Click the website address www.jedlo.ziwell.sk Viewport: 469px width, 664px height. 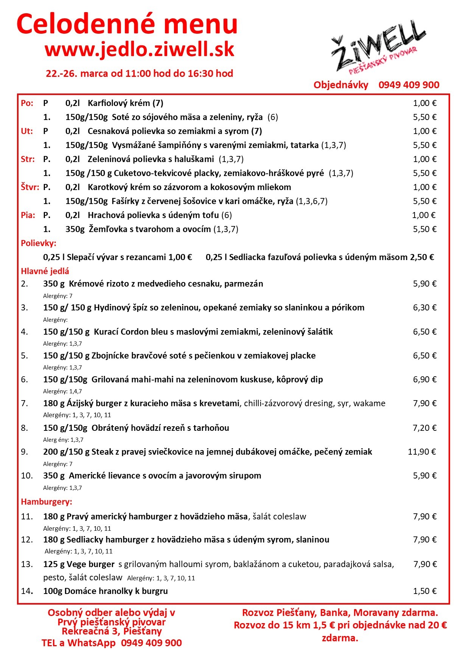[x=140, y=50]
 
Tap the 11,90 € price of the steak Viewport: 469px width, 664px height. [x=422, y=452]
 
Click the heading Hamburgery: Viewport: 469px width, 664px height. [x=47, y=502]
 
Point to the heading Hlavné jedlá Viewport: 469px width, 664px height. [x=45, y=271]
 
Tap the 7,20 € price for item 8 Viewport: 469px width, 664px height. [x=424, y=428]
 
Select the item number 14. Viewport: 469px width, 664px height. [x=26, y=591]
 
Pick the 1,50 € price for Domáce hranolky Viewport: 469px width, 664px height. [x=424, y=591]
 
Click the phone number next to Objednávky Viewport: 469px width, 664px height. [x=409, y=85]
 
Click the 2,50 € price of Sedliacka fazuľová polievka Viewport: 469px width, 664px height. [x=422, y=257]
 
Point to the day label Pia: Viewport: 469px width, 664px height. [x=28, y=215]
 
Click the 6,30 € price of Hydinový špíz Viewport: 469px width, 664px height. [x=424, y=307]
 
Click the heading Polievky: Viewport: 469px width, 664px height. [x=39, y=243]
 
